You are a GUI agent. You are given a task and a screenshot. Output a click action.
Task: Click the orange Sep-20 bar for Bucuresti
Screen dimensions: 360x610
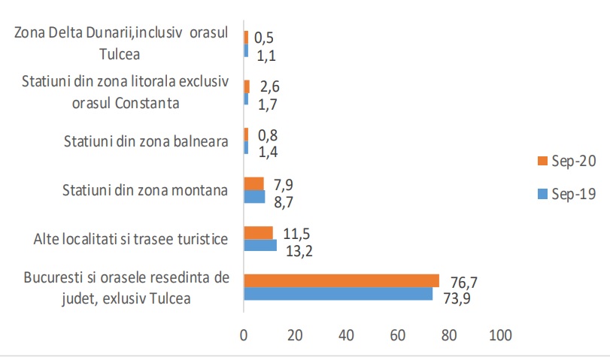[341, 280]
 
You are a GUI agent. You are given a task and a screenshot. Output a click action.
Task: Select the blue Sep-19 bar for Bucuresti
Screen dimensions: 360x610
[338, 294]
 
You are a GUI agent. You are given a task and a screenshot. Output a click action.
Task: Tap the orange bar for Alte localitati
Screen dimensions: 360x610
[258, 232]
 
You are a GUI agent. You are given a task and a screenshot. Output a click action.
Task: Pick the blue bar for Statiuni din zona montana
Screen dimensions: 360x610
[254, 196]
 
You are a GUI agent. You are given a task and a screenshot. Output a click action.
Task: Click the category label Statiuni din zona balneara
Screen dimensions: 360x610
[146, 140]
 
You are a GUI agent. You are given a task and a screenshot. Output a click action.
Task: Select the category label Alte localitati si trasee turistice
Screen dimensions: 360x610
[130, 240]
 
